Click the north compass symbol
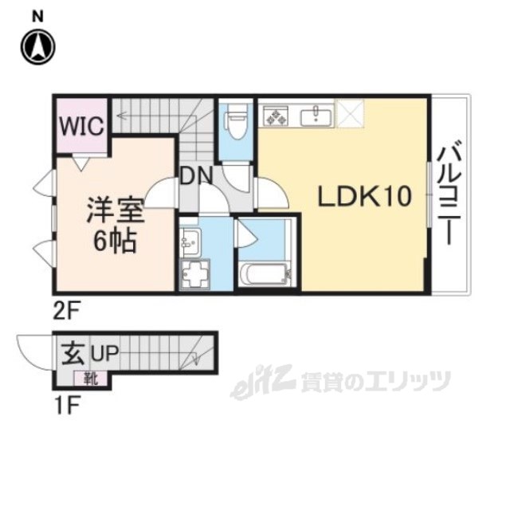[38, 45]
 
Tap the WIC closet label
[80, 127]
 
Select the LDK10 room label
[365, 196]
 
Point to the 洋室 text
[116, 213]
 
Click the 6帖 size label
[116, 240]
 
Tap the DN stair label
[194, 175]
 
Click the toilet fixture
[236, 121]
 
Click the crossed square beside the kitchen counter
[350, 114]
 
